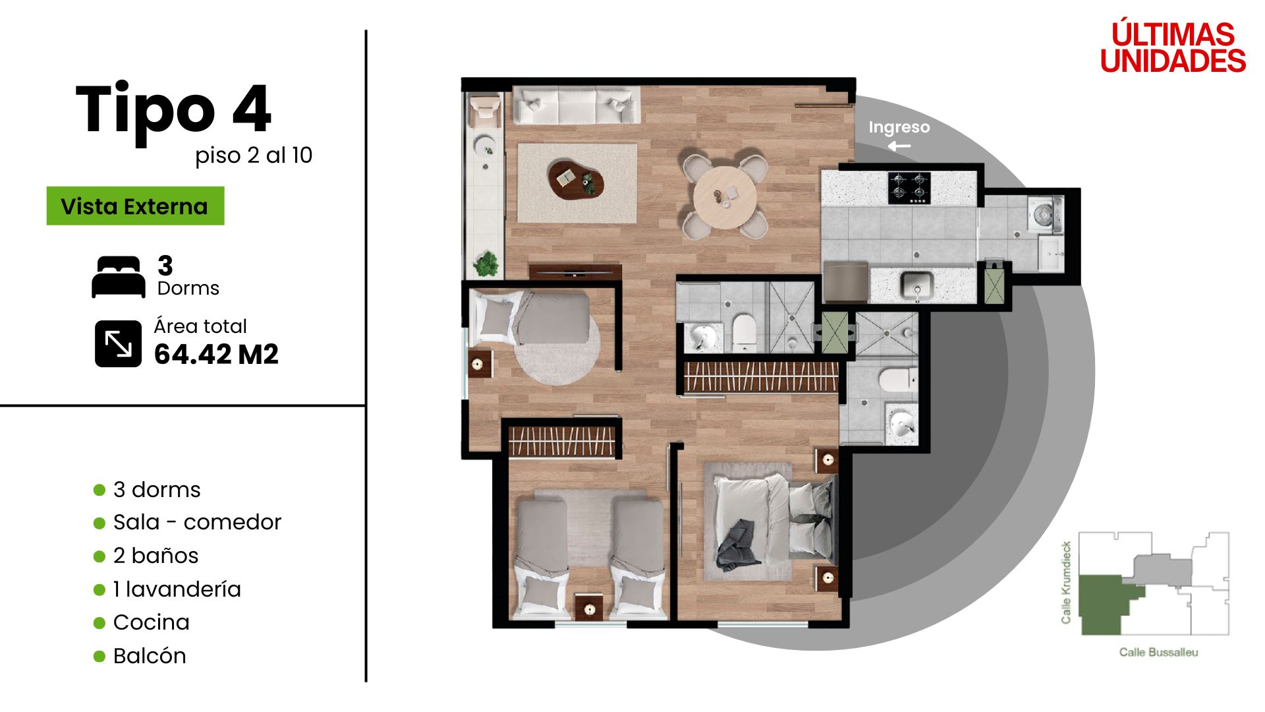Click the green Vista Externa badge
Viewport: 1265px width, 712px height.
135,206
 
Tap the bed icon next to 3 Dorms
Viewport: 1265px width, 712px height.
119,277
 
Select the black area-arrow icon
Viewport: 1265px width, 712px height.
118,343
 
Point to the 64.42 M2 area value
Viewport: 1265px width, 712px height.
216,355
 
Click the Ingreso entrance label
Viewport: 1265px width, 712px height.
899,127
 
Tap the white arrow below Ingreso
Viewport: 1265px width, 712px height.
899,146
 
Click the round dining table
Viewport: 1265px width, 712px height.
725,196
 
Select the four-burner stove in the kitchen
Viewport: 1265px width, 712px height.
910,187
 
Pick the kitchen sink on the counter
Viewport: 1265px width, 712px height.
916,285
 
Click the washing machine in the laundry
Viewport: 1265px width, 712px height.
1044,214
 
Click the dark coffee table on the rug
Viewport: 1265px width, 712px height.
576,179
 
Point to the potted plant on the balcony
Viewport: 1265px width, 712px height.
486,264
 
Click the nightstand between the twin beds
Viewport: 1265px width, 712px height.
589,608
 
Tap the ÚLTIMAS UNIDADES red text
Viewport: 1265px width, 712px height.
1173,47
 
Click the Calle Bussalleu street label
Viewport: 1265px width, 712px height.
1158,652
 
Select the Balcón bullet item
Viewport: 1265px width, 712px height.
140,656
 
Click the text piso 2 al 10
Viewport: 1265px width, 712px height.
254,156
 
